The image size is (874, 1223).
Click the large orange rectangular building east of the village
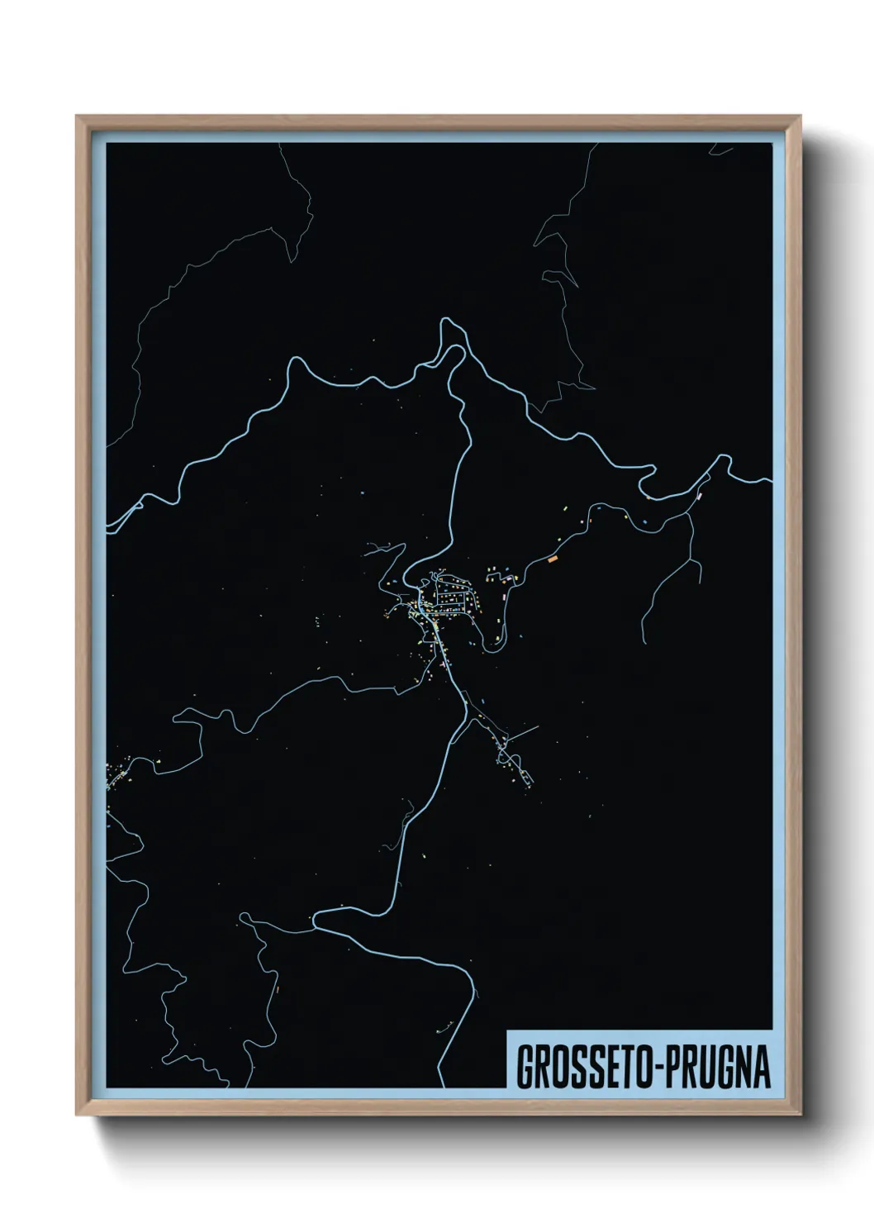coord(553,559)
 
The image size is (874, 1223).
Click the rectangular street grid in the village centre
coord(452,598)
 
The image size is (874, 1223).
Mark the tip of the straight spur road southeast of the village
coord(538,727)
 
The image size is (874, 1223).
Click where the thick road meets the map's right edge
coord(770,480)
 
